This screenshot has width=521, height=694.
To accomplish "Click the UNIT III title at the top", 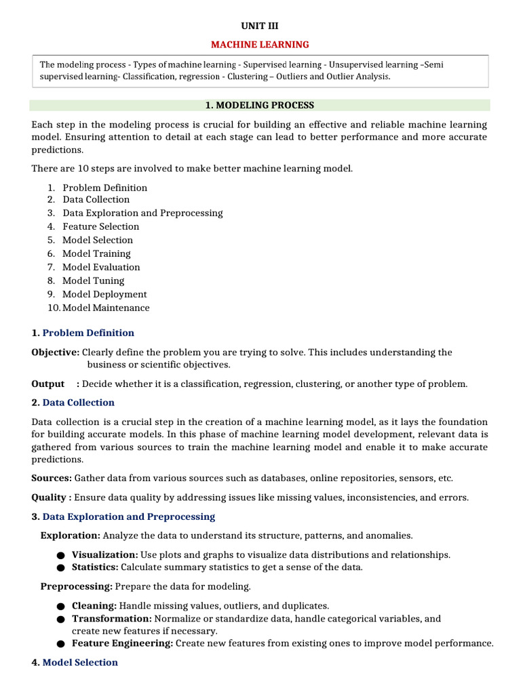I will [260, 26].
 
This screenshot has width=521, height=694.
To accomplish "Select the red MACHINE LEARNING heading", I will [260, 45].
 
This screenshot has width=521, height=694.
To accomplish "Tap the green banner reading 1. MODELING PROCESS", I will [260, 105].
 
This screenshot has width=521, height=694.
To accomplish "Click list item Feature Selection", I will [100, 226].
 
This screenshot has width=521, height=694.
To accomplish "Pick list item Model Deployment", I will [104, 294].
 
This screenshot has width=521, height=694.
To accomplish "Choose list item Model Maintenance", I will [106, 308].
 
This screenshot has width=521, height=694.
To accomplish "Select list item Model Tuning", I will [94, 281].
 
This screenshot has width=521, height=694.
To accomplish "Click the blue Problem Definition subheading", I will [88, 333].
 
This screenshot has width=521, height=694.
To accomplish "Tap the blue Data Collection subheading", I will [79, 403].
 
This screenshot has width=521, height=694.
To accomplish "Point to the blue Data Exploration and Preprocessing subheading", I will [129, 516].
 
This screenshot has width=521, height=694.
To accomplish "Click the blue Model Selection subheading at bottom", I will [80, 662].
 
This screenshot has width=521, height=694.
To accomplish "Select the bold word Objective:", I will [56, 352].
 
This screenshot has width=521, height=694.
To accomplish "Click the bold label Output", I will [48, 384].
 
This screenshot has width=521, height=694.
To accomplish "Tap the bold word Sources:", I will [52, 478].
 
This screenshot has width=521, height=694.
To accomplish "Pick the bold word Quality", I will [50, 497].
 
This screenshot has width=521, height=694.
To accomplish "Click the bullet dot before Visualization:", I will [61, 556].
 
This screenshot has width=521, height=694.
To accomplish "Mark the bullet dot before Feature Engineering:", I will [61, 645].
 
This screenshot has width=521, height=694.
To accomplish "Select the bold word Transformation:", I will [112, 619].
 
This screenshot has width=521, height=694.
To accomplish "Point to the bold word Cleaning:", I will [94, 605].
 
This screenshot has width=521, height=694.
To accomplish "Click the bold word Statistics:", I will [95, 567].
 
